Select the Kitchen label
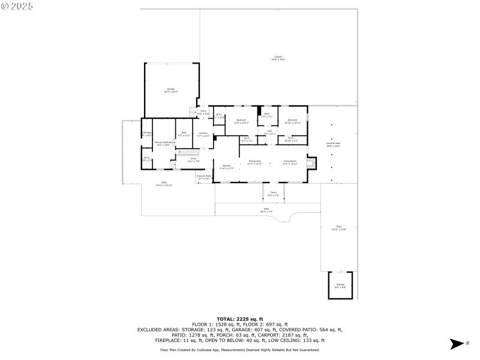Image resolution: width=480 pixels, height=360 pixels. point(227,167)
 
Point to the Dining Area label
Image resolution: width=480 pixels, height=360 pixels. point(255,163)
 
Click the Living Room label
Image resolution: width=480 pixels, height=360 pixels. point(290,163)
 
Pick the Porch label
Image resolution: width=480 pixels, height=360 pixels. point(274,194)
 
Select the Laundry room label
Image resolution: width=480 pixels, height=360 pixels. point(203,134)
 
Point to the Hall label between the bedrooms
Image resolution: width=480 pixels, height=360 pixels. point(270,132)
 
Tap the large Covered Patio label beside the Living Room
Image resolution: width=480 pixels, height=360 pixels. point(333,144)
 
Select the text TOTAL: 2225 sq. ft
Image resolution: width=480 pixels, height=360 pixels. point(239,319)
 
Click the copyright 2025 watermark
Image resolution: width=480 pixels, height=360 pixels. point(17,5)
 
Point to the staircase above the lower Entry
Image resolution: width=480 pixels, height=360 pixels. point(175,166)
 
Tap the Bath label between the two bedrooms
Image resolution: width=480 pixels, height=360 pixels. point(267,115)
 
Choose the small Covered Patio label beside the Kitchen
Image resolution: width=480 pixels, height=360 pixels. point(204,177)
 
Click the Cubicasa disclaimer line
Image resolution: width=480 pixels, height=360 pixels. point(239,349)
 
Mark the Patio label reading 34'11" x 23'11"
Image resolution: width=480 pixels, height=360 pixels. point(164,184)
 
